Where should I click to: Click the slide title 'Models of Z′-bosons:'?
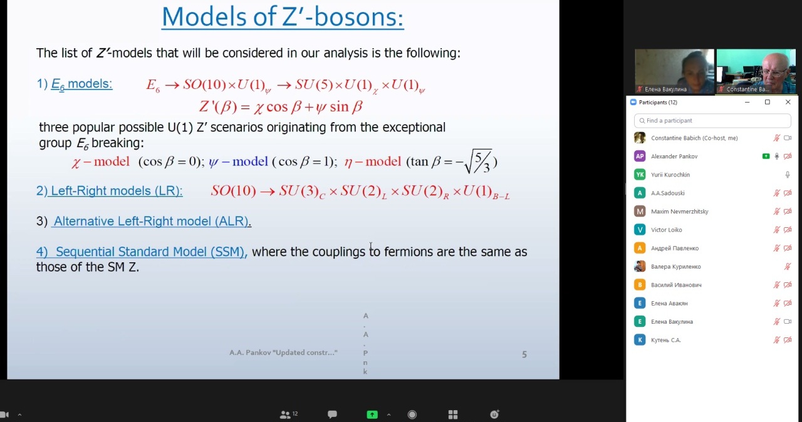pos(283,17)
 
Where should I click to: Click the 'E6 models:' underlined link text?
pos(81,84)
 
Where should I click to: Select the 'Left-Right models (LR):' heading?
pos(117,190)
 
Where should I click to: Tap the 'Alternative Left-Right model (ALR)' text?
pos(151,221)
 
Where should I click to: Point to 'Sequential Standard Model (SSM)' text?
pos(150,252)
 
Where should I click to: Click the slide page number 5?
pos(524,354)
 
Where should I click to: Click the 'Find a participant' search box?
pos(712,120)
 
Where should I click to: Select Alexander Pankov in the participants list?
pos(674,157)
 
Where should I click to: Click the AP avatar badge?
pos(640,157)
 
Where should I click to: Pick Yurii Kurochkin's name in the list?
pos(670,175)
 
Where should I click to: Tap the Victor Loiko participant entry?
pos(666,230)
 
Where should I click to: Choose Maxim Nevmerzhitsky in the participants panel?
pos(680,212)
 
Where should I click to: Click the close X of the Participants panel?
pos(788,102)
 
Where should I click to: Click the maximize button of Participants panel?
pos(768,102)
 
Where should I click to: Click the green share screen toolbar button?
pos(372,414)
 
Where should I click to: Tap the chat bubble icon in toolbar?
pos(332,414)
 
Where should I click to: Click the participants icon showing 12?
pos(288,414)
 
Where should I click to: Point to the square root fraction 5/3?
pos(478,162)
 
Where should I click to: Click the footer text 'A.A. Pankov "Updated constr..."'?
pos(283,353)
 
